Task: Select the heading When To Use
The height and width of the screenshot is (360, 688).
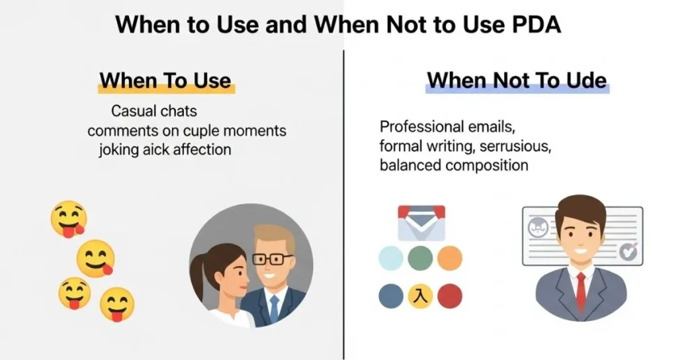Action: pyautogui.click(x=165, y=81)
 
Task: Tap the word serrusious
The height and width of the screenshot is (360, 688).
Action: pyautogui.click(x=520, y=145)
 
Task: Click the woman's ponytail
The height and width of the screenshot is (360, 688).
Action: pyautogui.click(x=197, y=275)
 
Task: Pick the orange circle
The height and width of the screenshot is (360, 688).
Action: pyautogui.click(x=449, y=258)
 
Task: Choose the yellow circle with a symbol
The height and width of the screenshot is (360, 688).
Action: pyautogui.click(x=420, y=296)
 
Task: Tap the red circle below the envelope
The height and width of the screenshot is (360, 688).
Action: pyautogui.click(x=449, y=296)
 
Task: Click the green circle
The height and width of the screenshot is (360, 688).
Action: pyautogui.click(x=420, y=258)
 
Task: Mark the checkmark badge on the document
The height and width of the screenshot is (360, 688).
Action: pyautogui.click(x=628, y=251)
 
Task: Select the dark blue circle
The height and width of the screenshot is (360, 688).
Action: pyautogui.click(x=390, y=296)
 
